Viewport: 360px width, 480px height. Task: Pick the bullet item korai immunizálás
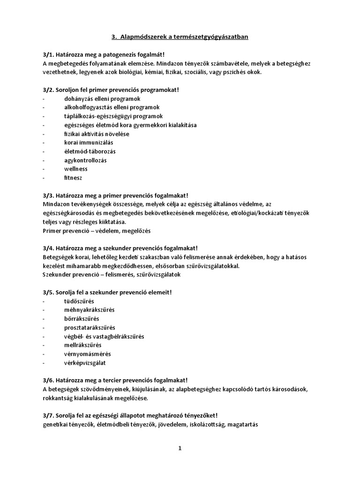tap(89, 142)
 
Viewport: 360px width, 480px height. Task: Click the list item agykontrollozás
tap(85, 160)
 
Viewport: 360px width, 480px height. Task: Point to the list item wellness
tap(76, 169)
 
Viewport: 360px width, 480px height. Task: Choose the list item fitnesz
tap(73, 178)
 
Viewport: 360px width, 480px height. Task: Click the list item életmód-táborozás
tap(90, 151)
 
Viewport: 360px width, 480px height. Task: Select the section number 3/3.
tap(49, 195)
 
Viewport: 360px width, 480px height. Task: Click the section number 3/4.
tap(49, 248)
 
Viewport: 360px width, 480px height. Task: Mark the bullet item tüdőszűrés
tap(82, 301)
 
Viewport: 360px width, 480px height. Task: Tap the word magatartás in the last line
tap(238, 424)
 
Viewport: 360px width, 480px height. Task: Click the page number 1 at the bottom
tap(180, 448)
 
